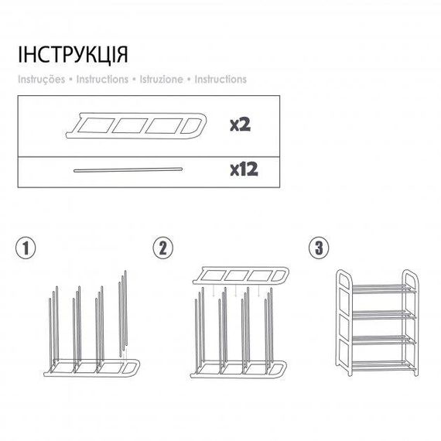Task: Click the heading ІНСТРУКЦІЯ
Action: [x=73, y=55]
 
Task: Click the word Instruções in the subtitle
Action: [x=42, y=80]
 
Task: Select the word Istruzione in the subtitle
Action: [x=162, y=80]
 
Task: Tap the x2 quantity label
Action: [x=240, y=125]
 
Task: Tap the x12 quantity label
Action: [x=244, y=169]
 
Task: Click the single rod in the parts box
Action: [x=128, y=170]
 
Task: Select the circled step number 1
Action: [x=26, y=248]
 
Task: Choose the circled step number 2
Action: [x=162, y=248]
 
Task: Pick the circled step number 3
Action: [x=319, y=248]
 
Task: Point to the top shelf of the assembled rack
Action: [x=384, y=289]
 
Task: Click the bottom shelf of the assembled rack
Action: [x=384, y=365]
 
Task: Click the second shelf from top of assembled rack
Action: [x=384, y=315]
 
